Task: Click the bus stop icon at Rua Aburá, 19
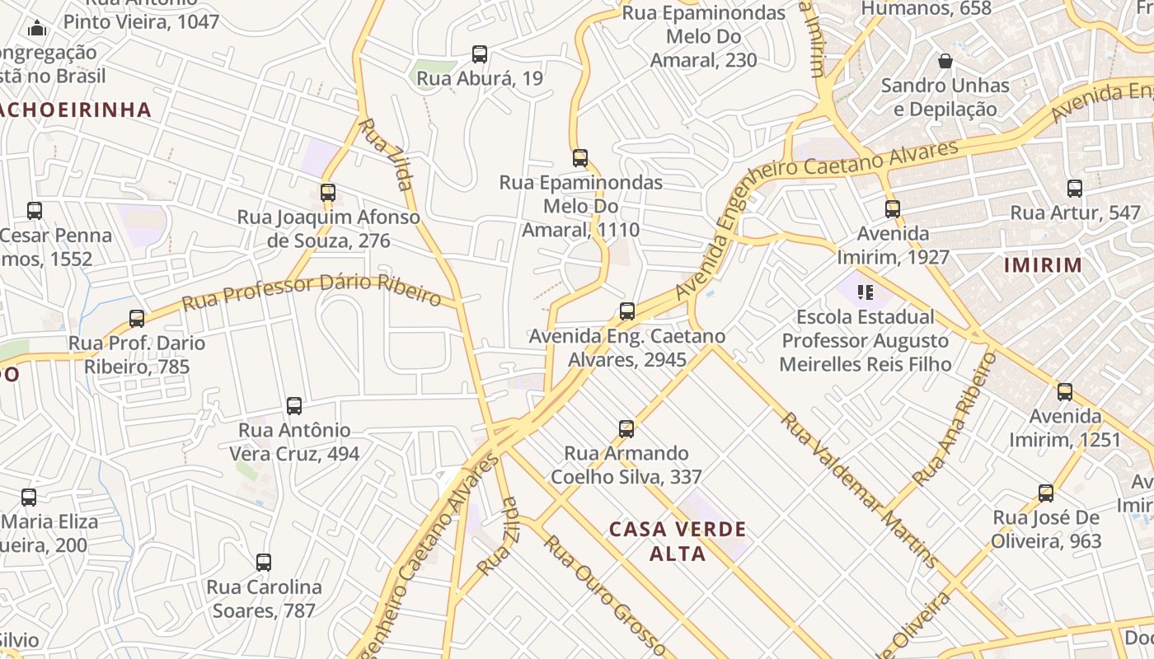(x=480, y=54)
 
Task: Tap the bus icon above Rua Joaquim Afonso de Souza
(x=328, y=193)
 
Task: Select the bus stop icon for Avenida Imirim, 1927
(x=893, y=208)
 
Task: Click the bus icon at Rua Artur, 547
(x=1075, y=189)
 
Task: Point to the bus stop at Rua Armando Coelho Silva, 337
(x=626, y=429)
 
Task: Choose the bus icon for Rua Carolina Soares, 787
(x=264, y=563)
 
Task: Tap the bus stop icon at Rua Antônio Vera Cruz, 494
(x=294, y=405)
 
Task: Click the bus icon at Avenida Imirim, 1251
(x=1065, y=391)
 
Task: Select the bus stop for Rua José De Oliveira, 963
(x=1046, y=493)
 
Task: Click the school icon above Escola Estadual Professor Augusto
(x=865, y=292)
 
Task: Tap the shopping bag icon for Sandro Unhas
(x=945, y=61)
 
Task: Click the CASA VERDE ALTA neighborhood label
(x=678, y=540)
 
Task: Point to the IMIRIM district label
(x=1043, y=265)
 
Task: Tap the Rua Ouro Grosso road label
(x=604, y=593)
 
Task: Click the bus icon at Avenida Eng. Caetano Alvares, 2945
(x=627, y=311)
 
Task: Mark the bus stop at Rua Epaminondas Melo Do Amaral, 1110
(x=580, y=158)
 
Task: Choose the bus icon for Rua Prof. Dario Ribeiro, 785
(x=137, y=318)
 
